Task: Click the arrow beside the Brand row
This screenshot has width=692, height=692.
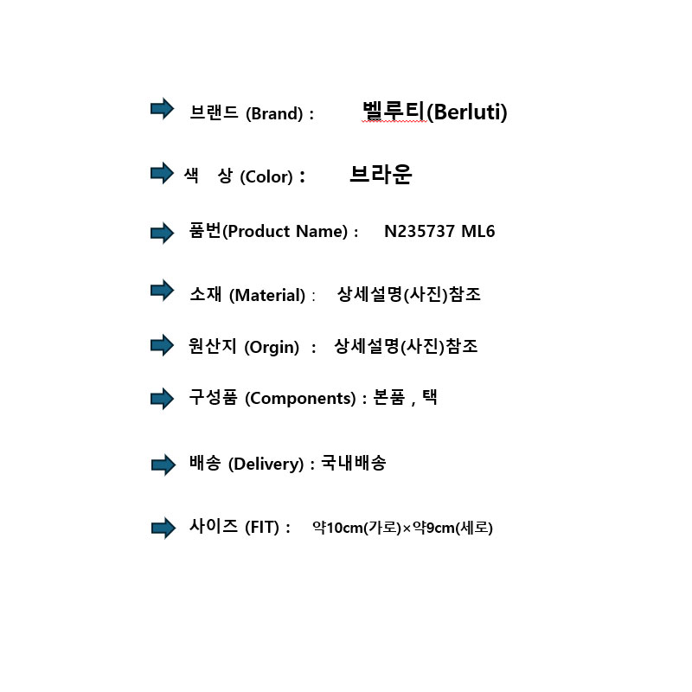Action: (x=162, y=109)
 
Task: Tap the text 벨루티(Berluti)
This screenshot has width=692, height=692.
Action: (x=434, y=112)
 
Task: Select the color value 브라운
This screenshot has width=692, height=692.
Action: (x=381, y=175)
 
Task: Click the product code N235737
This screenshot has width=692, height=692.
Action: (x=420, y=232)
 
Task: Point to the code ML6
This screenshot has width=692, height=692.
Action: (x=477, y=232)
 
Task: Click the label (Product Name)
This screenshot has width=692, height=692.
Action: (x=285, y=232)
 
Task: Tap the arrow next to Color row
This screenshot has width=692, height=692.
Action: (x=162, y=173)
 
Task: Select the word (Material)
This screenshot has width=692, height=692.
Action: (x=267, y=295)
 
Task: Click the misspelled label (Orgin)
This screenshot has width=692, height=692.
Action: (x=272, y=347)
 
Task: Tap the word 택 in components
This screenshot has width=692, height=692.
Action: (x=429, y=399)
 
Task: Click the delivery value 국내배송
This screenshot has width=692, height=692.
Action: (x=353, y=464)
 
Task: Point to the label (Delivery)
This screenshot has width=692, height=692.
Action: (x=266, y=465)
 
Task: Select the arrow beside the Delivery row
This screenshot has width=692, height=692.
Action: (x=163, y=465)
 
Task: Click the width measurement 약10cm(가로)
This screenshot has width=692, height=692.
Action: (x=356, y=528)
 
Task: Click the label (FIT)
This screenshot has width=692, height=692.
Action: (x=263, y=528)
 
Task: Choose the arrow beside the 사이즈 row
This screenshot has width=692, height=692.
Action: (x=163, y=528)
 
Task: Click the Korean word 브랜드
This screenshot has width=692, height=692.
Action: (x=214, y=112)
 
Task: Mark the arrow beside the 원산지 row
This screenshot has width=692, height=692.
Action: (x=162, y=345)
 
